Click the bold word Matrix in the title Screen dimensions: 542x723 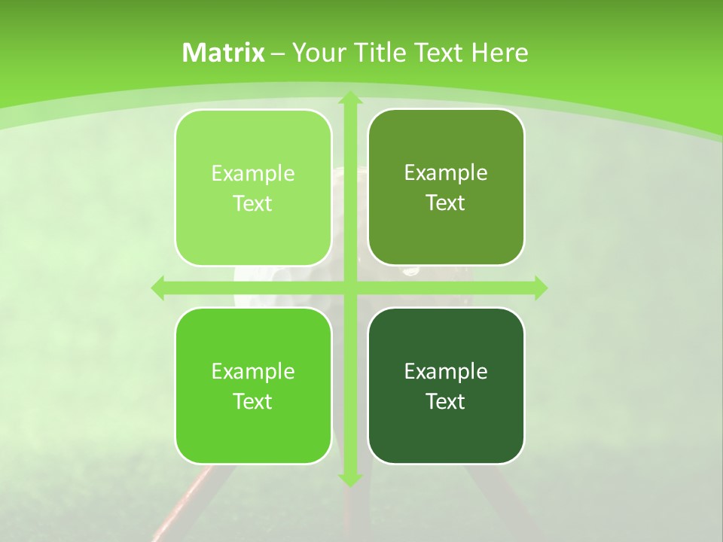tap(224, 53)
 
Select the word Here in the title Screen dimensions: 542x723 tap(499, 53)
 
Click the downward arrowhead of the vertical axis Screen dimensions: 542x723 tap(349, 479)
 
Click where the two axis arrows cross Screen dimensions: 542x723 tap(349, 288)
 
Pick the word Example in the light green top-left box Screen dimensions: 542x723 tap(253, 174)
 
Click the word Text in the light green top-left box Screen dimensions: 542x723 tap(253, 204)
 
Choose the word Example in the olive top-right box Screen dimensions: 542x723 tap(446, 173)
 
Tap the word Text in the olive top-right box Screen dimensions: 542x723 tap(446, 203)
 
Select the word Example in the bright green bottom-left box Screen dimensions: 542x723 tap(253, 371)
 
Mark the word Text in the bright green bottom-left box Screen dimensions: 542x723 tap(253, 401)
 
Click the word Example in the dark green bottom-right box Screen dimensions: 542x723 tap(446, 371)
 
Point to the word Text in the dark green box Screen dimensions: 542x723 tap(446, 401)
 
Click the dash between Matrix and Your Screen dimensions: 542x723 tap(278, 53)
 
